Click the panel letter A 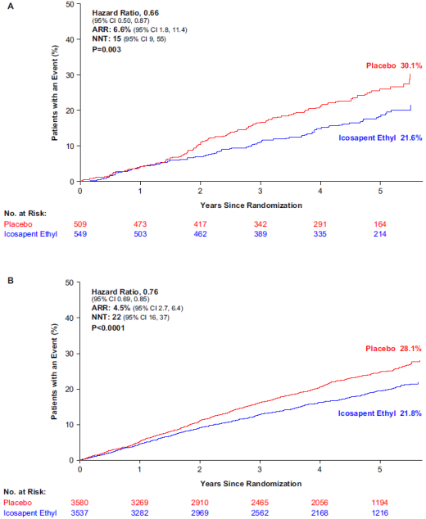point(11,7)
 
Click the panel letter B point(11,281)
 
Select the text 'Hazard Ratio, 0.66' point(125,13)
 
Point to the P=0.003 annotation point(106,50)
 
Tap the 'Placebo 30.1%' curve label point(394,65)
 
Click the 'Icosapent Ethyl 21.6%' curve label point(380,138)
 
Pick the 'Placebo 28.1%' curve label point(393,349)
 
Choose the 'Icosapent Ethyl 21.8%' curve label point(379,413)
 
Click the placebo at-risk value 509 point(80,224)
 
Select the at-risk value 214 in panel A point(380,234)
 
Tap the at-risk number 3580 point(79,503)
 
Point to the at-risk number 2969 point(200,512)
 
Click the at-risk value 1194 point(379,503)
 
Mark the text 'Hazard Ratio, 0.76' point(125,292)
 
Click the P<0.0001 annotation point(108,328)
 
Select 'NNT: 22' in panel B point(106,317)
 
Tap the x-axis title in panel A point(252,205)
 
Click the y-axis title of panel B point(54,372)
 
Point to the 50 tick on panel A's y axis point(70,4)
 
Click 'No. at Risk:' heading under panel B point(25,492)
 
